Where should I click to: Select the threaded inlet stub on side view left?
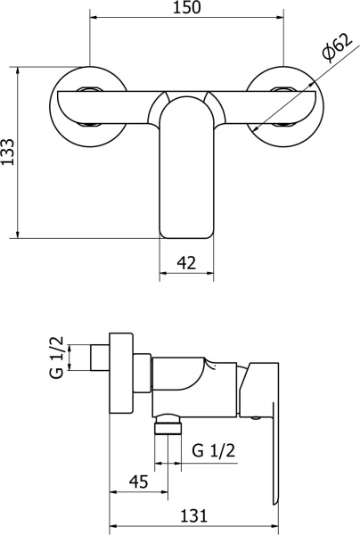[101, 358]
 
